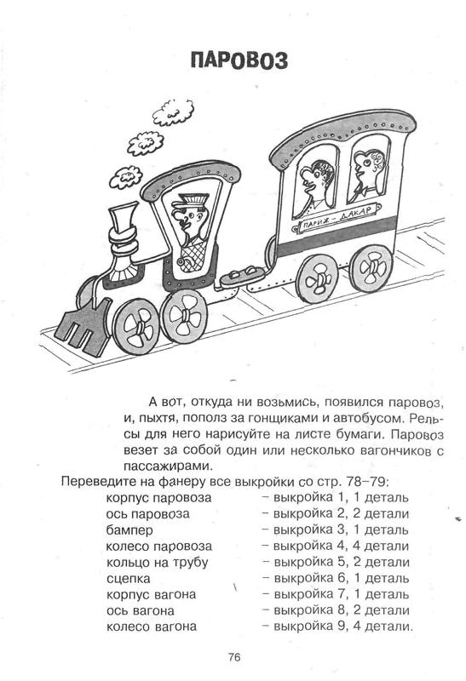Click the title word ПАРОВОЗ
pos(239,60)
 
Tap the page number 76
pos(234,657)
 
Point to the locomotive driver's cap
pos(190,203)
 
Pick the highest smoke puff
pos(174,111)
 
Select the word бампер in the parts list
pos(129,530)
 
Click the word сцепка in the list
pos(129,579)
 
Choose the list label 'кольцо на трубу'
pos(158,563)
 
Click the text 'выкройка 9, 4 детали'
pos(342,627)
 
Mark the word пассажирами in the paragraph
pos(167,466)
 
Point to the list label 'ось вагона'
pos(140,611)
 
